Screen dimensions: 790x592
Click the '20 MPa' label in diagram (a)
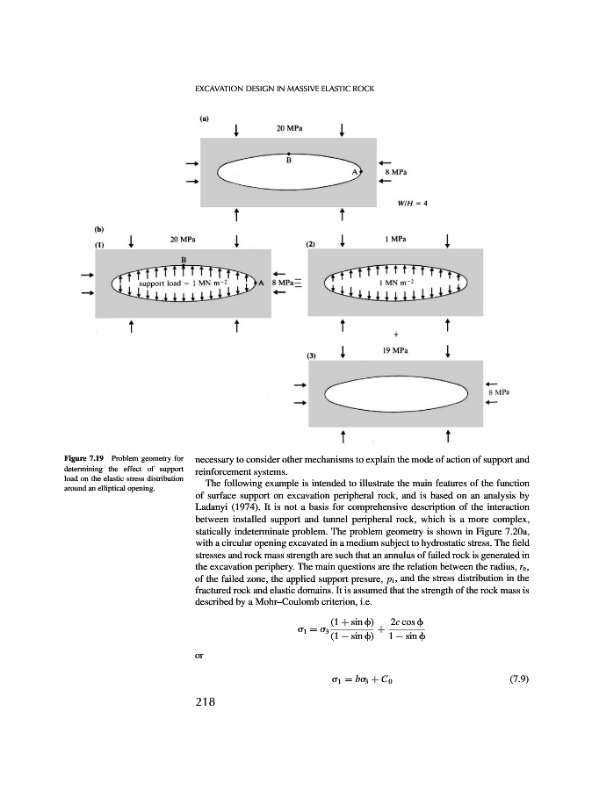[x=289, y=127]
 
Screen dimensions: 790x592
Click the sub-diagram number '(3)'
[x=310, y=355]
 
